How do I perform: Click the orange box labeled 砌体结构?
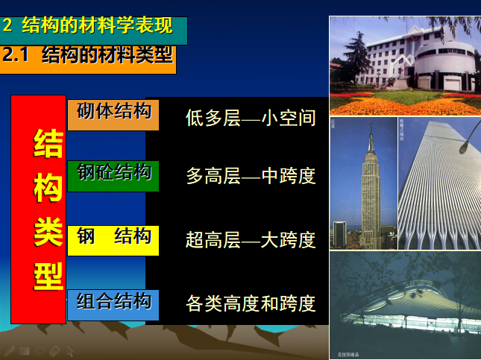(113, 113)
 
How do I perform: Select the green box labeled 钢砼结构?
(113, 174)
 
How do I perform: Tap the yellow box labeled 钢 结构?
(113, 239)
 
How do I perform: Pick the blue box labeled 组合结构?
(113, 303)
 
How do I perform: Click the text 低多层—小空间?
(251, 119)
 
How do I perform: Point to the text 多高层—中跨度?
(251, 177)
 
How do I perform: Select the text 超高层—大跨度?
(251, 240)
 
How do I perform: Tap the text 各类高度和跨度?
(251, 303)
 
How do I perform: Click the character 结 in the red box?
(48, 144)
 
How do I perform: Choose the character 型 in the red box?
(48, 274)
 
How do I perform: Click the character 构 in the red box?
(48, 188)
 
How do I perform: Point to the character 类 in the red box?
(48, 231)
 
